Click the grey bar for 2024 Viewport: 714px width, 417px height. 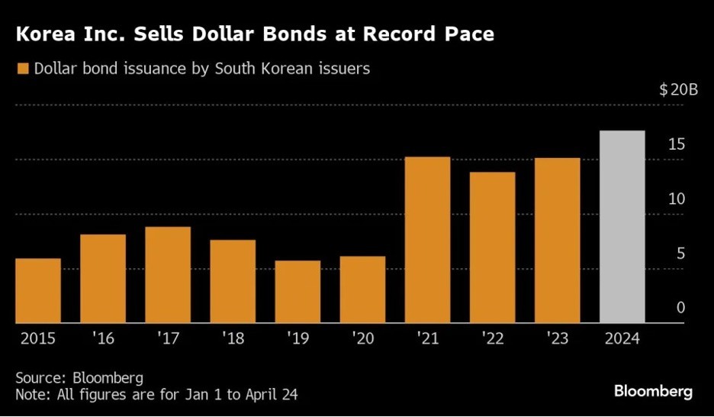[x=622, y=227]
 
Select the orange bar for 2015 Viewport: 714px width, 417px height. [x=37, y=290]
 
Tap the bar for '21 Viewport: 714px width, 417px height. [x=427, y=240]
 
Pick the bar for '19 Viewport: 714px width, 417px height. [x=297, y=292]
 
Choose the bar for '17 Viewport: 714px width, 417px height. [x=168, y=275]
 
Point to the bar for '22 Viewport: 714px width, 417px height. [x=493, y=247]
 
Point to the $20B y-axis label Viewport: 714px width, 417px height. [x=678, y=90]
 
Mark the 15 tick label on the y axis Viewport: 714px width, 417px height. [x=676, y=145]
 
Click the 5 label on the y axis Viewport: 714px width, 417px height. [x=680, y=254]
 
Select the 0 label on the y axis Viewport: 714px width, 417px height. [x=680, y=308]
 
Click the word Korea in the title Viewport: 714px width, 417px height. [x=45, y=34]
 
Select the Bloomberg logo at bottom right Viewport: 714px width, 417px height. [x=653, y=391]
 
